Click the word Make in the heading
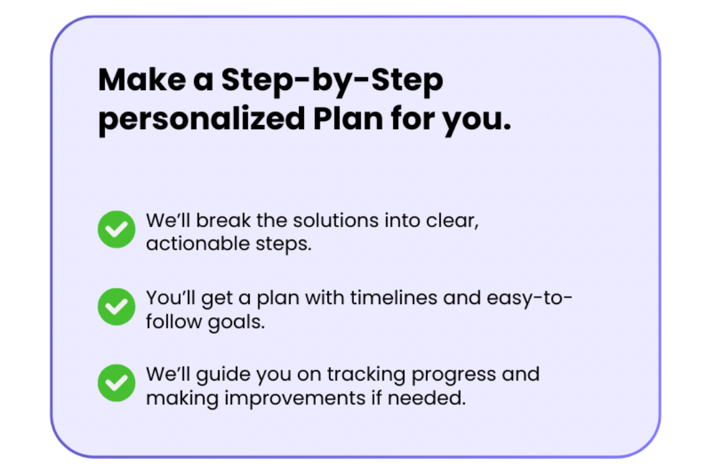(x=142, y=80)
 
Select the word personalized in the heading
(x=202, y=120)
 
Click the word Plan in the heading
(x=348, y=118)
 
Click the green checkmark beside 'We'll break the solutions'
(x=117, y=229)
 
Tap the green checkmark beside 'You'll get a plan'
(x=117, y=307)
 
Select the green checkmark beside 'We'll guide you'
(x=117, y=383)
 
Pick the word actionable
(x=198, y=244)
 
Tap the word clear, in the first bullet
(x=452, y=221)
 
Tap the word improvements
(x=295, y=399)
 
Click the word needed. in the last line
(x=427, y=398)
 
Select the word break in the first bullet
(x=223, y=221)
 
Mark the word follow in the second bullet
(x=174, y=321)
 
